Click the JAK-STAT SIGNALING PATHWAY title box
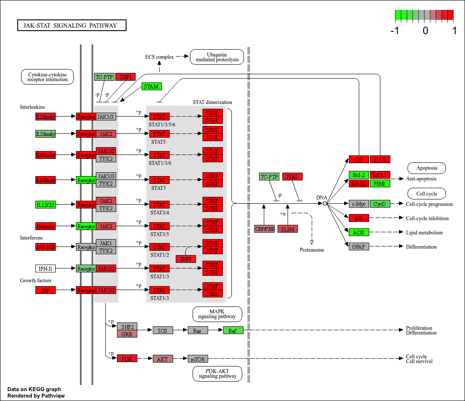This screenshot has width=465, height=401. point(72,25)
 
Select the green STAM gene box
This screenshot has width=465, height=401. point(152,86)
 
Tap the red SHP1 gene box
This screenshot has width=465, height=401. point(126,77)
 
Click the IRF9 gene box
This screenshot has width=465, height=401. point(186,259)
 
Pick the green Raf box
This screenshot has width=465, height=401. point(233,330)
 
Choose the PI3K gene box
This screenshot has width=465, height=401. point(127,359)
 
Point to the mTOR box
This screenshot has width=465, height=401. point(198,359)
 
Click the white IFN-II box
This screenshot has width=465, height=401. point(46,268)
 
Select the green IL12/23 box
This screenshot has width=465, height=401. point(46,204)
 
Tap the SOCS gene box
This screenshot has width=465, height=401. point(380,159)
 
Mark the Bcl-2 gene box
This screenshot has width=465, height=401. point(359,175)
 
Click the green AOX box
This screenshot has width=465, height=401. point(359,232)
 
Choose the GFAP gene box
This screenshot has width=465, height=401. point(359,246)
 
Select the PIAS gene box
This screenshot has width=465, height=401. point(293,177)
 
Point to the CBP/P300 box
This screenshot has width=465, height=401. point(265,229)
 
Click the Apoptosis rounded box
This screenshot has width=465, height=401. point(427,168)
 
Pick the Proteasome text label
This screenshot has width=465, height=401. point(312,250)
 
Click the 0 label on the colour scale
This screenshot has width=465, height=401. point(425,31)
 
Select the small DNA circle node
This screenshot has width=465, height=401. point(325,203)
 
